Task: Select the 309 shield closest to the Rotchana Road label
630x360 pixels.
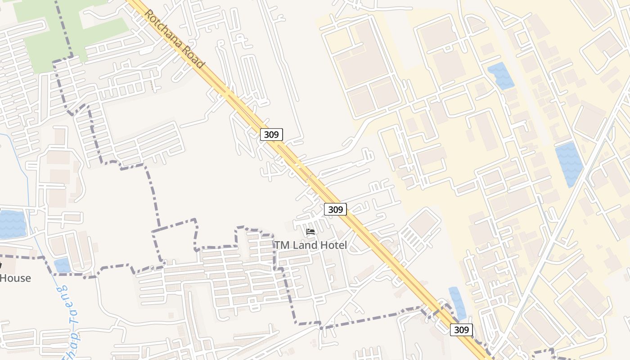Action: (x=271, y=134)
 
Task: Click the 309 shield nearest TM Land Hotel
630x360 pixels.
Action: (x=335, y=209)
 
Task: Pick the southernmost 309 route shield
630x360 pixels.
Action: (x=461, y=330)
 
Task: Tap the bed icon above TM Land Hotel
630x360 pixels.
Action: (x=310, y=232)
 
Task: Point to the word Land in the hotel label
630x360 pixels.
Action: (x=305, y=245)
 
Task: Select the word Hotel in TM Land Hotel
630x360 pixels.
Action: (x=333, y=245)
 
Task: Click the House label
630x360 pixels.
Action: (x=16, y=278)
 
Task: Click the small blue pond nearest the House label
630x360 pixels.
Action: (x=62, y=265)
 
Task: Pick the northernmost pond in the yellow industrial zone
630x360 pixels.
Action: (x=500, y=75)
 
